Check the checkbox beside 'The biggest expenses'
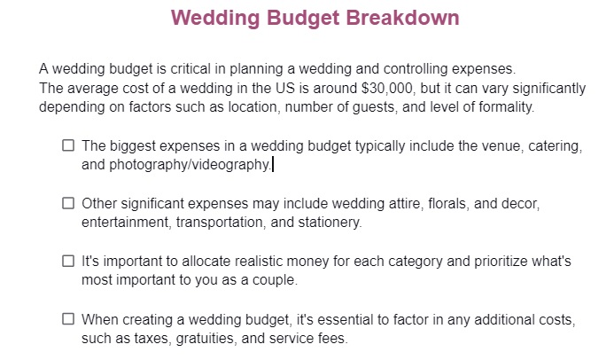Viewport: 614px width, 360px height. (68, 146)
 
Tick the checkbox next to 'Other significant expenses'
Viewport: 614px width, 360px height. (68, 204)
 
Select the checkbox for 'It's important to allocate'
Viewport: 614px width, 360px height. (68, 262)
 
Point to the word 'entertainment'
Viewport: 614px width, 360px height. (124, 223)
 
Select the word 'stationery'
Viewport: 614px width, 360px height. (329, 223)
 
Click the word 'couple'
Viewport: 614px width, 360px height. (273, 280)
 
